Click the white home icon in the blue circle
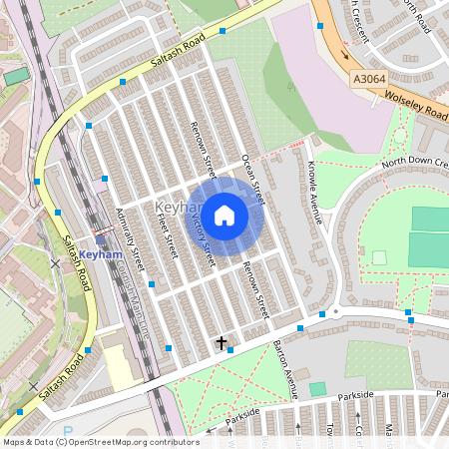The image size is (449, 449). coord(224,216)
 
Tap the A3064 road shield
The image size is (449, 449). coord(368,77)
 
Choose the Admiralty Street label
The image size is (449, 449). coord(131,239)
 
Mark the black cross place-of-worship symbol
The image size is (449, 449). coord(222,342)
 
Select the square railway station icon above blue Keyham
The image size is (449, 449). coord(100,239)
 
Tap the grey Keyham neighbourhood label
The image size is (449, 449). coord(172,207)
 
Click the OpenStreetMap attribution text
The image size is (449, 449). coord(100,442)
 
